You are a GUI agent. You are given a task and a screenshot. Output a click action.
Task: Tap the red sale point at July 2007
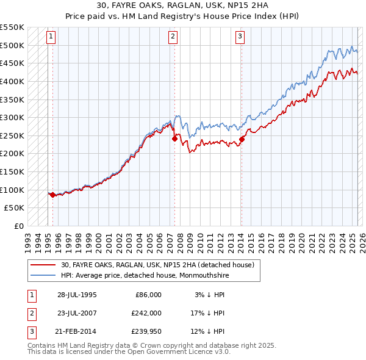[174, 139]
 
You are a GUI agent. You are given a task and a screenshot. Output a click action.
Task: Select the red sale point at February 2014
[242, 139]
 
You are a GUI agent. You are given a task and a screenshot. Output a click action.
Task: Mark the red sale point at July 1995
[52, 195]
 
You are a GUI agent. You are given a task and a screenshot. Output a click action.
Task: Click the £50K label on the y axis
[15, 207]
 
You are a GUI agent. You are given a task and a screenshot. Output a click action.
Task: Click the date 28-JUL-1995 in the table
[77, 295]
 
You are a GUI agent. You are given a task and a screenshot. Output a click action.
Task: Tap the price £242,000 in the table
[146, 313]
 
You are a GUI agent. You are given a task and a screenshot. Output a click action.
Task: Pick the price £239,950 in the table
[146, 331]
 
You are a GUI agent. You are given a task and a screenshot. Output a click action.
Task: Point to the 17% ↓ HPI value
[209, 313]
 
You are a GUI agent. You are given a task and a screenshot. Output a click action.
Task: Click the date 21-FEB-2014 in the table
[77, 331]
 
